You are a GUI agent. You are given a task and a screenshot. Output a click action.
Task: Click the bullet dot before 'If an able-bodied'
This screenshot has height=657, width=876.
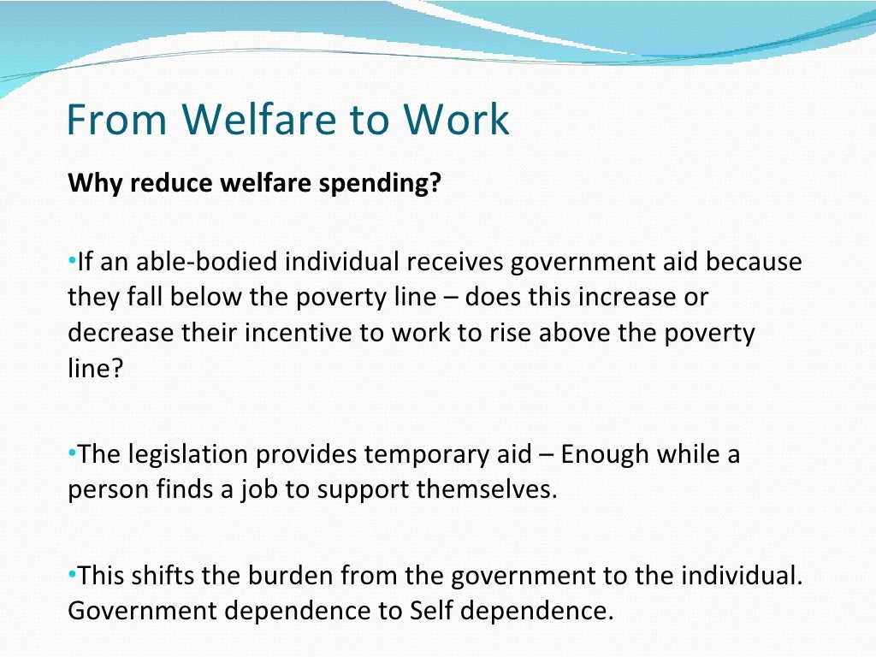(72, 258)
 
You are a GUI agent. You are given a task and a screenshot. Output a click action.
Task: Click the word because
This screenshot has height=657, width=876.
(755, 261)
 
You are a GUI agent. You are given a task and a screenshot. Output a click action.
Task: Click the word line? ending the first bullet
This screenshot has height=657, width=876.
(90, 369)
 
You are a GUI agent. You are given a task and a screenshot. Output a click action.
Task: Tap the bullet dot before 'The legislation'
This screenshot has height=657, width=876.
(72, 451)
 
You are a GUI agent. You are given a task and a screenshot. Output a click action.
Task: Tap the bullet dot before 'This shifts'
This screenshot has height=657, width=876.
(72, 572)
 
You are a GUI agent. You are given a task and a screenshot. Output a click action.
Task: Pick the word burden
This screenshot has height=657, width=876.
(298, 576)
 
